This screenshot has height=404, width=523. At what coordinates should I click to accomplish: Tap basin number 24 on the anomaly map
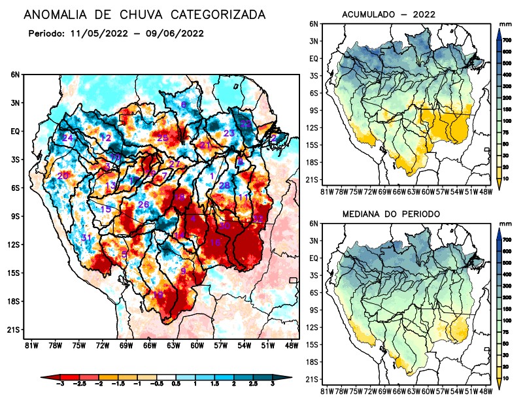67,138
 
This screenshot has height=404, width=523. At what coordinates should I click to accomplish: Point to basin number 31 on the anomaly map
86,237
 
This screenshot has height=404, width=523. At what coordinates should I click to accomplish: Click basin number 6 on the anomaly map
184,105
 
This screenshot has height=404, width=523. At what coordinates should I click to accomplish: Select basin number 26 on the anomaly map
144,205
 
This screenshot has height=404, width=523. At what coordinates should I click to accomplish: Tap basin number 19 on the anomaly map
158,295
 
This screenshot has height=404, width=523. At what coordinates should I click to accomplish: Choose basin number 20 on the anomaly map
63,176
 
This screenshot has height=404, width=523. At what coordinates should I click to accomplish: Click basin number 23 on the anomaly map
229,133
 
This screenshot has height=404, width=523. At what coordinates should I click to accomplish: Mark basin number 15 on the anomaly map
106,209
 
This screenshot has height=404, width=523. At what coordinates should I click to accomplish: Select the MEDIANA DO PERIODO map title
391,214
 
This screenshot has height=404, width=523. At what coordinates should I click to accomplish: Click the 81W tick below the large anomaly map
30,345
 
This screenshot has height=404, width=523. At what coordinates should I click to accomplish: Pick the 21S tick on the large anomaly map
15,330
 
